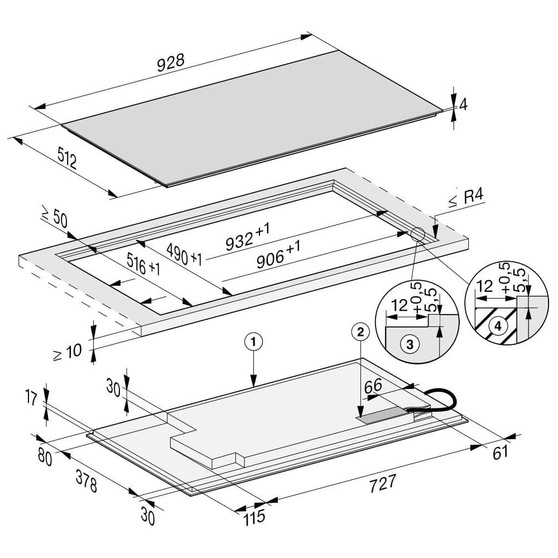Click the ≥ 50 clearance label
(54, 216)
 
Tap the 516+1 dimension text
(143, 266)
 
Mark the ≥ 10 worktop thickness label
(68, 352)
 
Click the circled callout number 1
(253, 340)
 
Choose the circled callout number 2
(360, 331)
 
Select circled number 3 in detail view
(410, 344)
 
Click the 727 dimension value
(383, 483)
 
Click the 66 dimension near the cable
(373, 386)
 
